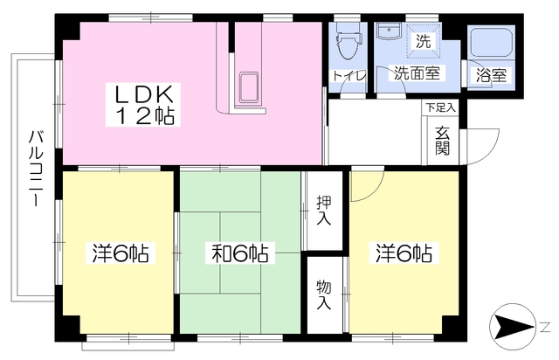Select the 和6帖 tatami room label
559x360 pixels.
click(238, 254)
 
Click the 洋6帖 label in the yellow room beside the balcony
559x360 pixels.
click(120, 254)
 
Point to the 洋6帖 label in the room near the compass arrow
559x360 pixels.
click(404, 254)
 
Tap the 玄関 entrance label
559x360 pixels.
click(443, 139)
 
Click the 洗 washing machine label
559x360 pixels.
click(423, 41)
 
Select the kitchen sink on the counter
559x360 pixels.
click(249, 87)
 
